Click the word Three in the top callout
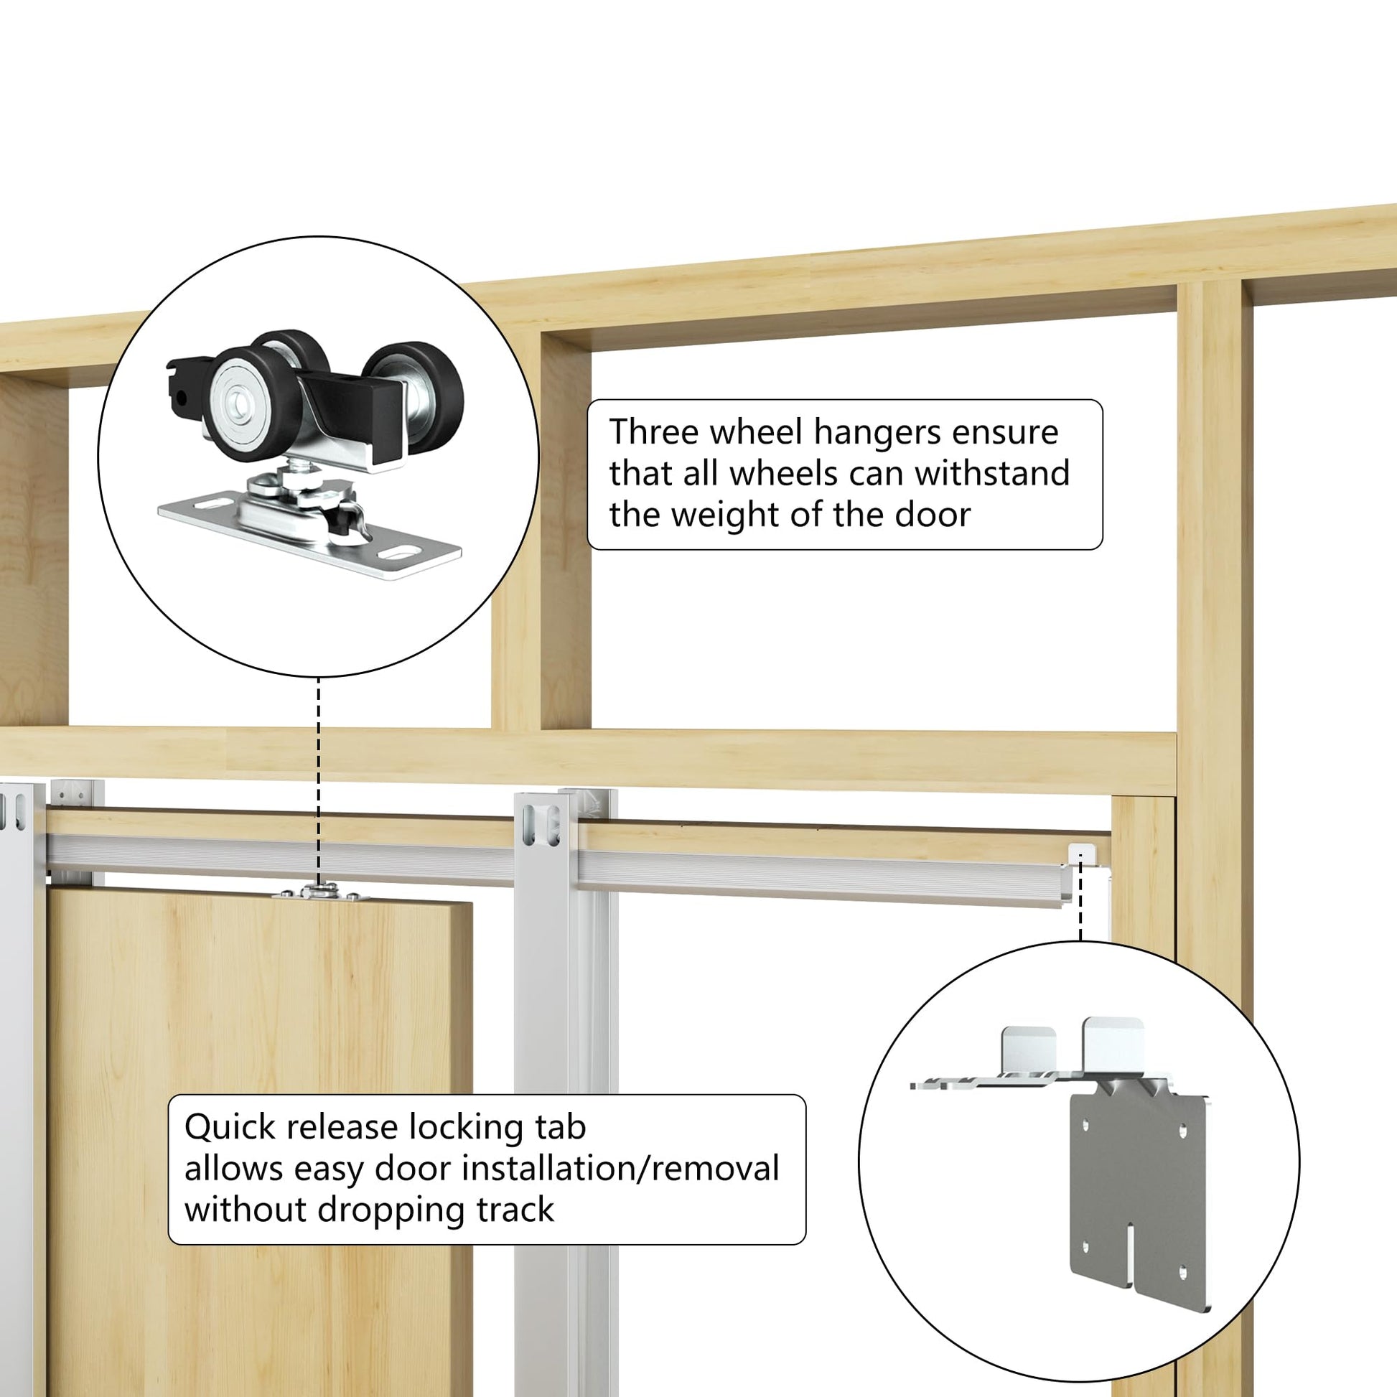tap(655, 431)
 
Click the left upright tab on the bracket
tap(1028, 1050)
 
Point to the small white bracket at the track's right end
tap(1082, 856)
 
